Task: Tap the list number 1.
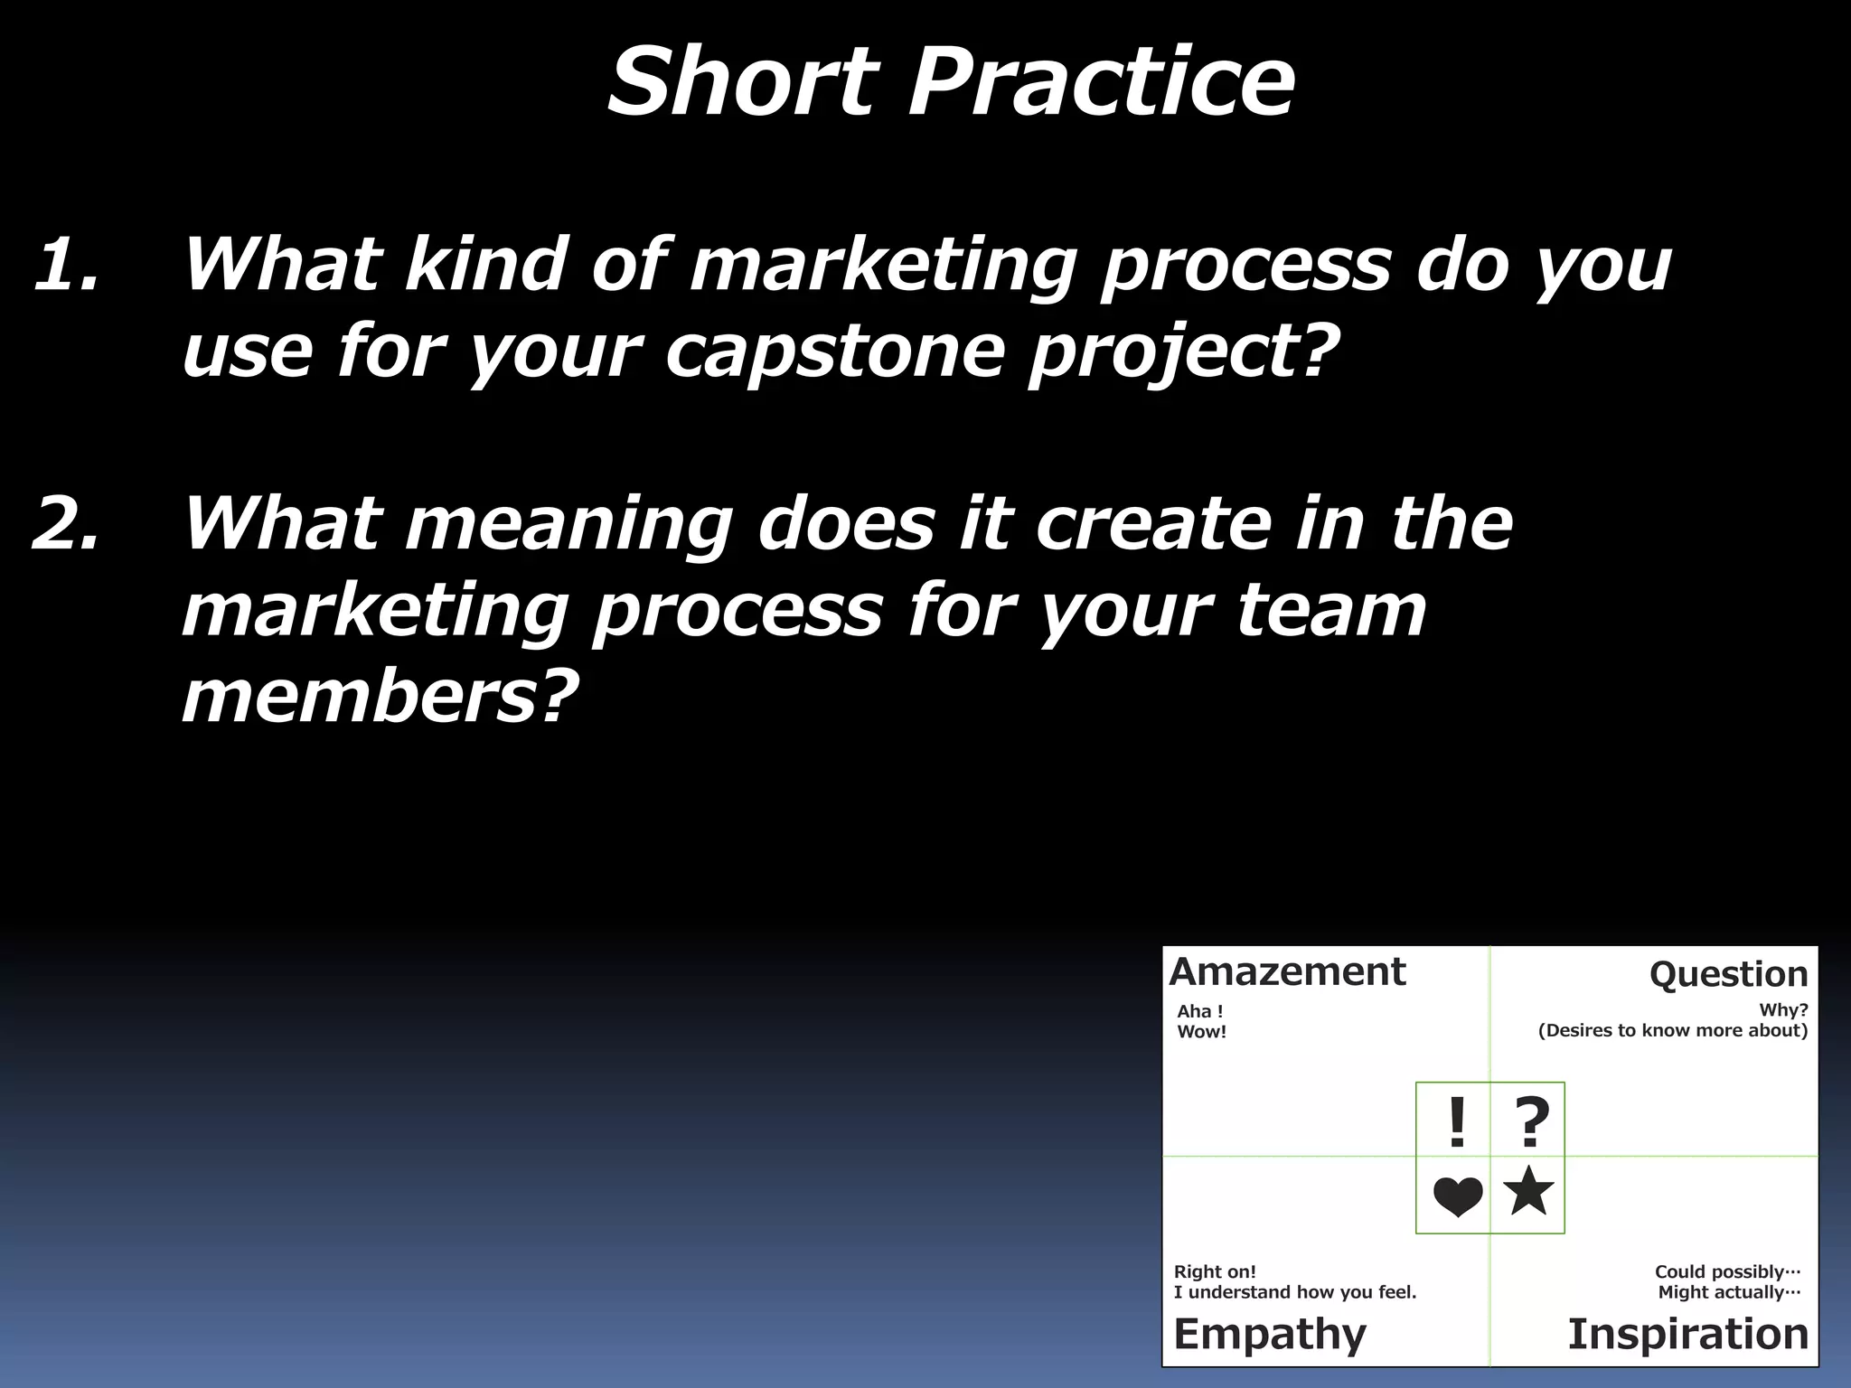click(65, 265)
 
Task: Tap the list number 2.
click(65, 524)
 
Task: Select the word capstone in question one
click(835, 352)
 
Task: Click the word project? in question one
click(1183, 352)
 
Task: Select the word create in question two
click(1153, 524)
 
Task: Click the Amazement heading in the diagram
click(1287, 972)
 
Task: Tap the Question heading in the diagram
click(1728, 975)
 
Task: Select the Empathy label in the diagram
click(1270, 1334)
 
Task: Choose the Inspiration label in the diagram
click(1687, 1334)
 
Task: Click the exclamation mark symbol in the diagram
click(1456, 1123)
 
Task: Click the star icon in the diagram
click(1528, 1191)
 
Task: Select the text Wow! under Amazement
click(1201, 1032)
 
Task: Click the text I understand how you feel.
click(1294, 1292)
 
